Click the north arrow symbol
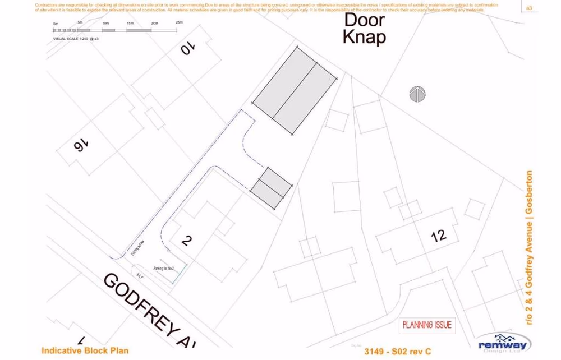[x=417, y=94]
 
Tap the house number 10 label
[x=188, y=49]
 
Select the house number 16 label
[x=80, y=146]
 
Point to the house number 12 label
[x=439, y=236]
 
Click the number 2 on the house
[x=187, y=241]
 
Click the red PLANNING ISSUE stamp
[x=427, y=325]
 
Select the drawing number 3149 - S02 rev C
[x=398, y=352]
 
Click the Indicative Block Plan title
[x=85, y=350]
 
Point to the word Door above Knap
[x=364, y=20]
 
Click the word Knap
[x=364, y=38]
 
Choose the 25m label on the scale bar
[x=179, y=22]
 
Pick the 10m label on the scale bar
[x=106, y=23]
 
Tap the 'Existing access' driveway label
[x=135, y=248]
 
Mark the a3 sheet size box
[x=528, y=8]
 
